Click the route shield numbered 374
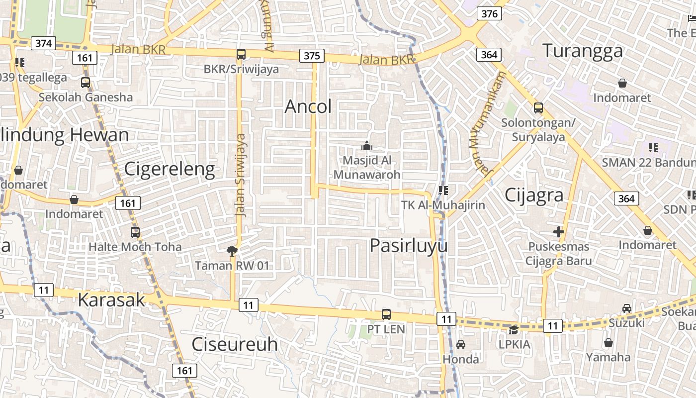click(x=43, y=43)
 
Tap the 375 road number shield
click(x=312, y=56)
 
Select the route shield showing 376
click(x=489, y=13)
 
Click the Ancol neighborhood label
click(x=308, y=106)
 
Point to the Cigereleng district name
click(x=169, y=169)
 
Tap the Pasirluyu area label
click(x=409, y=245)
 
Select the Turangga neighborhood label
click(x=582, y=51)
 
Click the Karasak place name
click(x=111, y=300)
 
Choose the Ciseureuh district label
click(x=235, y=344)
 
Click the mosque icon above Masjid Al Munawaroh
click(x=367, y=146)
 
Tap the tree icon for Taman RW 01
click(x=232, y=251)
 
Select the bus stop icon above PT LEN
click(x=386, y=314)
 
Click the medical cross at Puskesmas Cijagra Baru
click(x=559, y=232)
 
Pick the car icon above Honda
click(x=461, y=344)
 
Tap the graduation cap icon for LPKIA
click(x=514, y=329)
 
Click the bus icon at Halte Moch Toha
click(x=135, y=232)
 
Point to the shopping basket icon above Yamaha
click(x=608, y=343)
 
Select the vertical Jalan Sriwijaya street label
click(x=241, y=175)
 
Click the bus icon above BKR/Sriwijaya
click(x=241, y=54)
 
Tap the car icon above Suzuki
click(x=627, y=308)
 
